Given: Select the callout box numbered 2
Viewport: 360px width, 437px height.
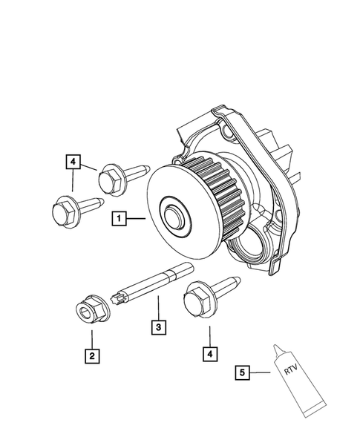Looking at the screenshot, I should pos(91,358).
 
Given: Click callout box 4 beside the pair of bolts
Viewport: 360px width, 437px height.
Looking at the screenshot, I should pos(73,160).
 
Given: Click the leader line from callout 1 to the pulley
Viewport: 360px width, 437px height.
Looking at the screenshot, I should pos(137,218).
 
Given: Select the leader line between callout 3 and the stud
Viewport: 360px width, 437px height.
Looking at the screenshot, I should pos(157,307).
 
